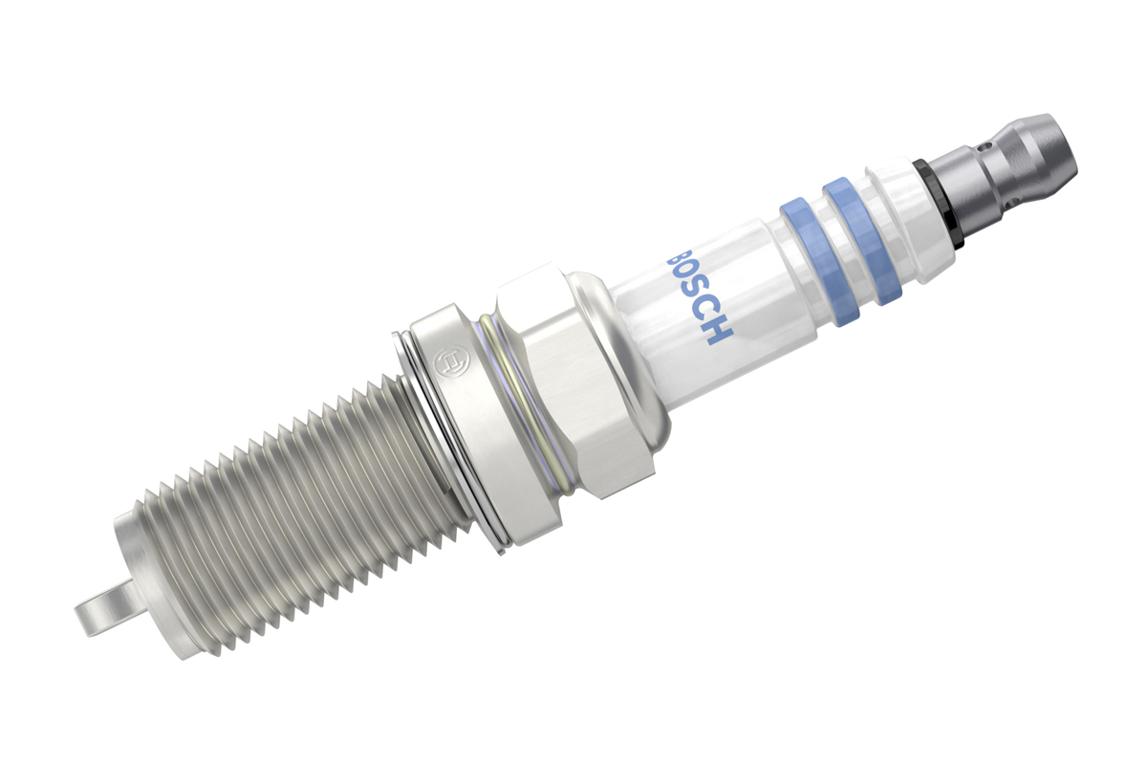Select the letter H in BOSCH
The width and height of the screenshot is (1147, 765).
point(719,330)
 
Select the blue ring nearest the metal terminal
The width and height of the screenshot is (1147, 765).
point(862,241)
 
